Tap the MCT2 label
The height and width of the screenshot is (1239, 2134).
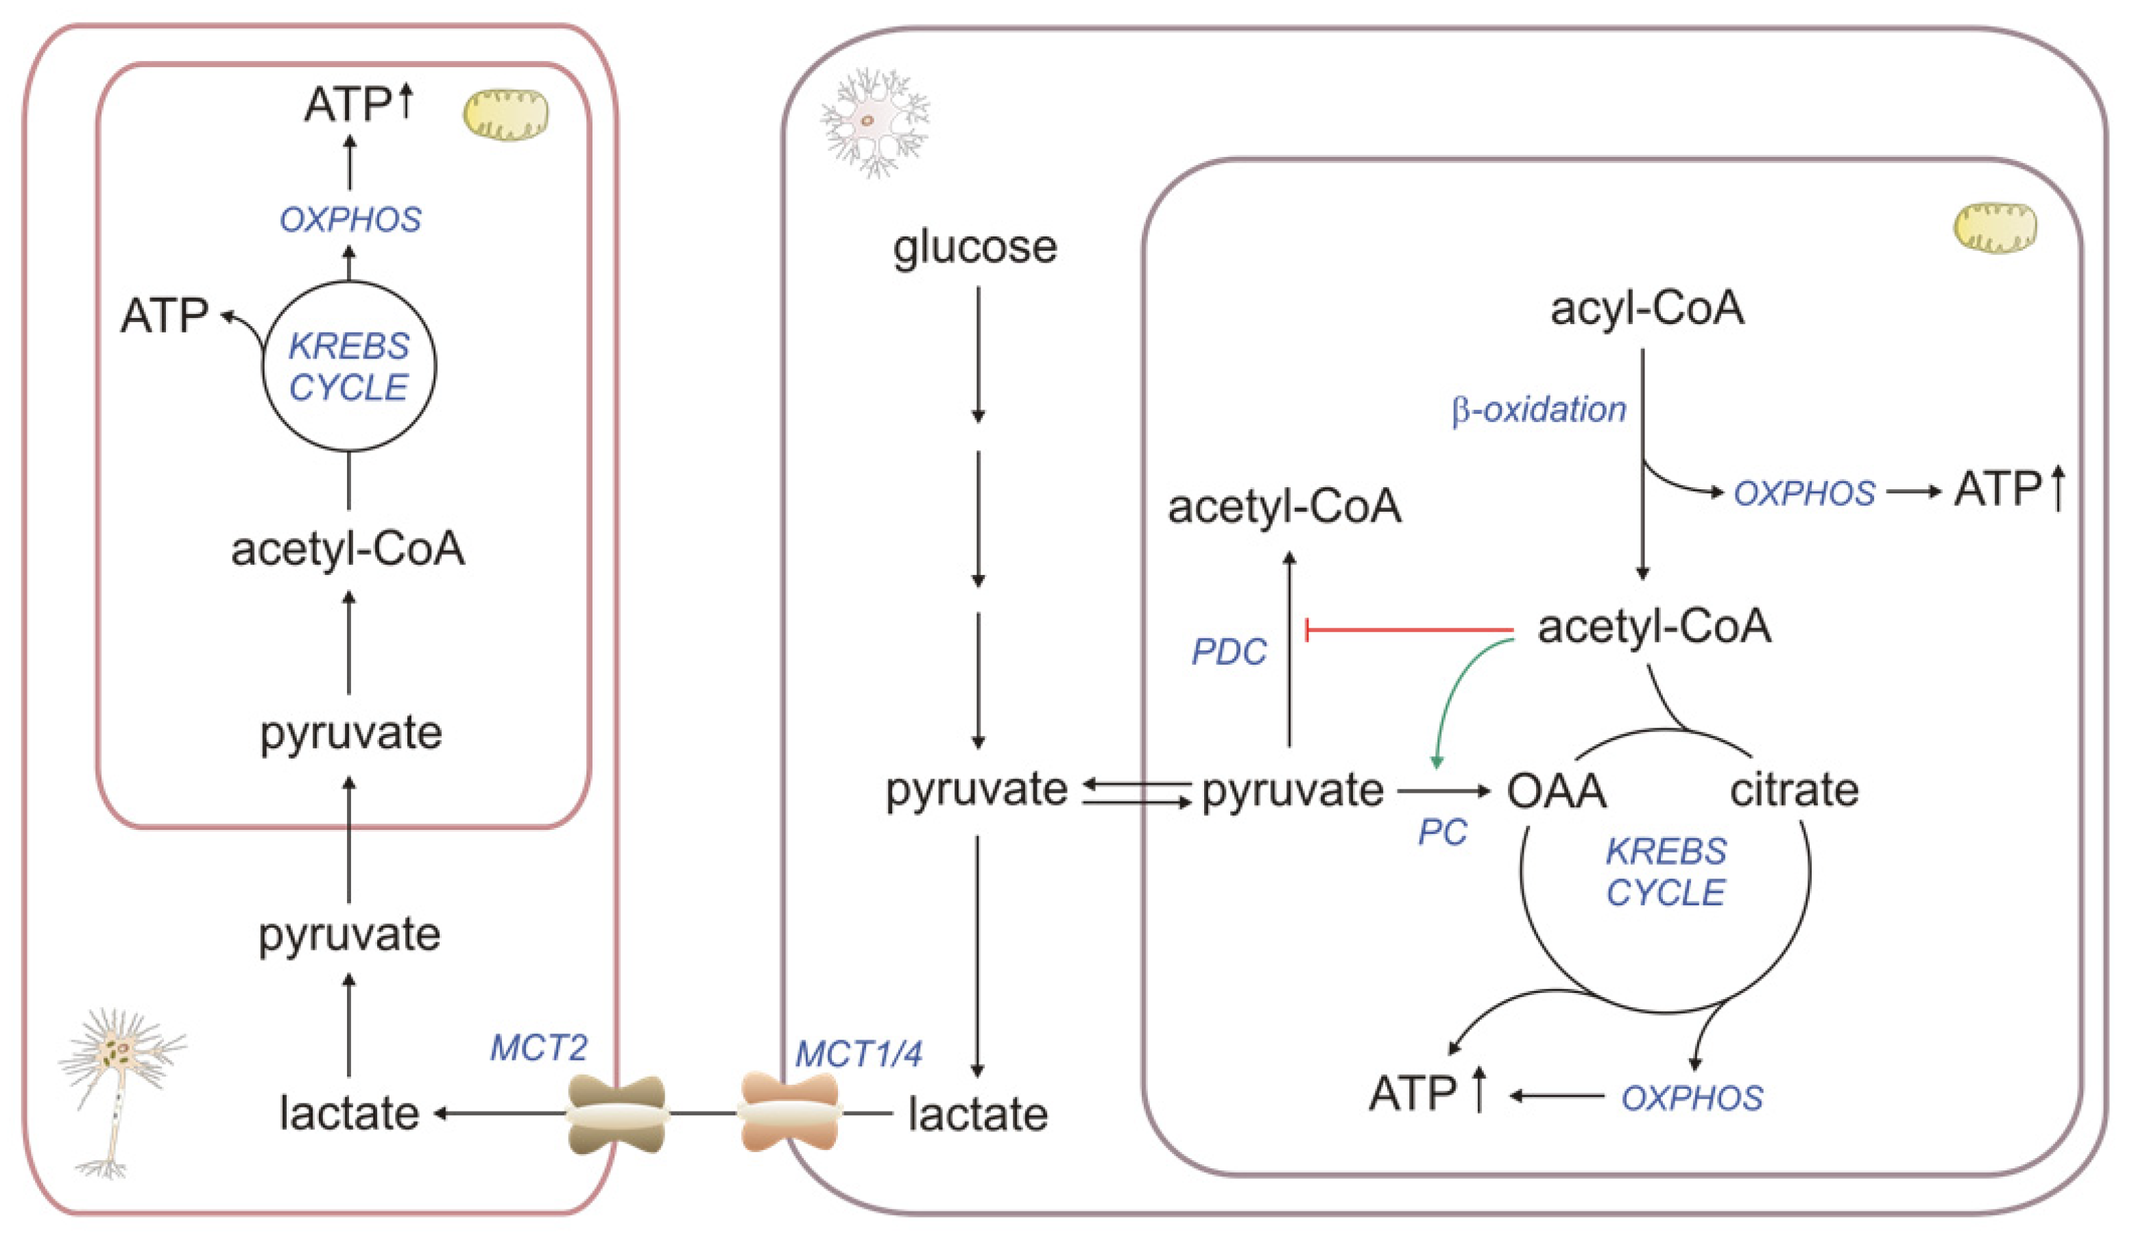tap(538, 1048)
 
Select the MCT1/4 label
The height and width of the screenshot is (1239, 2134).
tap(859, 1054)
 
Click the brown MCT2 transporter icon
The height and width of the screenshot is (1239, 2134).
tap(616, 1114)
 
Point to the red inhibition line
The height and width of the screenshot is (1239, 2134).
tap(1409, 630)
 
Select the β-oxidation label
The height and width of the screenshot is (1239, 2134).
tap(1539, 410)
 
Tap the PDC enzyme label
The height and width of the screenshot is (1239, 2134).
tap(1229, 652)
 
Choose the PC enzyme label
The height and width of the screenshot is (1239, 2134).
tap(1442, 833)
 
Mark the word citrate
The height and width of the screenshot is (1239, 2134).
tap(1795, 789)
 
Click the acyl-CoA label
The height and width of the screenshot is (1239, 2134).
tap(1647, 308)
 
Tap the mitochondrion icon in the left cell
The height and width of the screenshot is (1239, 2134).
tap(505, 114)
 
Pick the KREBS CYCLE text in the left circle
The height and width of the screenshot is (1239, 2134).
tap(349, 367)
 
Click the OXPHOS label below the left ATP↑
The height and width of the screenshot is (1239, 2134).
tap(350, 220)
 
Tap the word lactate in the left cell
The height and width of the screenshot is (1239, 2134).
tap(349, 1114)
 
